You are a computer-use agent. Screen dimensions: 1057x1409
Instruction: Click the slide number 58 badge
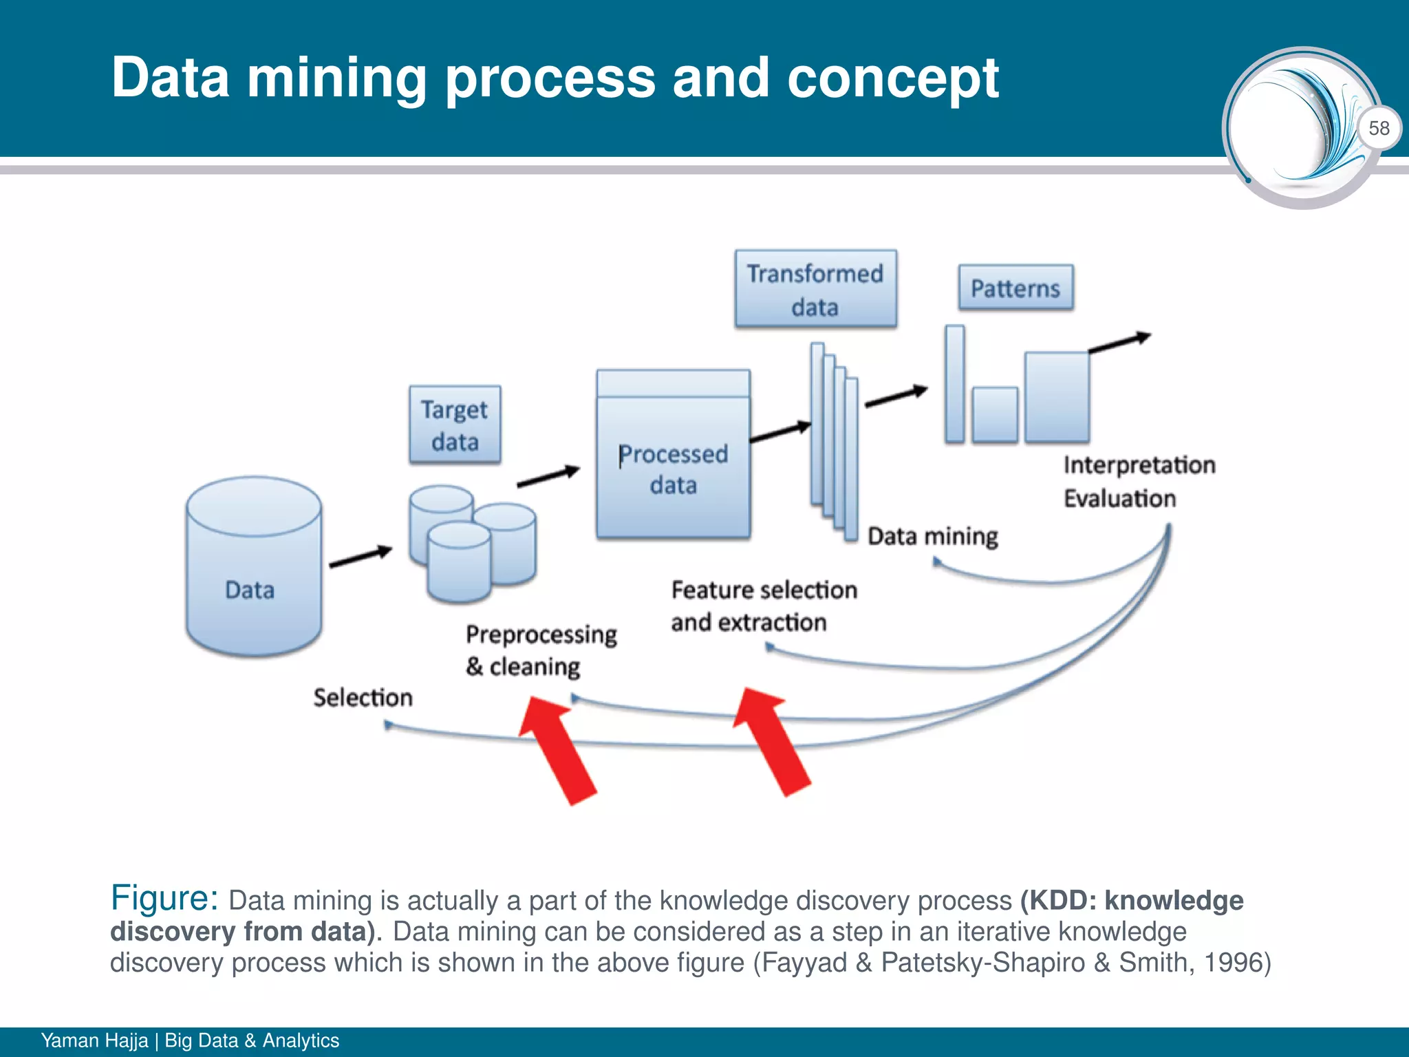pos(1379,128)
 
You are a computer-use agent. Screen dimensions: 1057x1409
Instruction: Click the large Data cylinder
pos(253,566)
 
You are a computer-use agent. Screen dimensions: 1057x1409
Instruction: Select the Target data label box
pos(455,425)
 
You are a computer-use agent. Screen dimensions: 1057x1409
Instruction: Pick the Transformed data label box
pos(815,289)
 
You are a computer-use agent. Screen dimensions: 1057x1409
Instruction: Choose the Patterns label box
pos(1015,288)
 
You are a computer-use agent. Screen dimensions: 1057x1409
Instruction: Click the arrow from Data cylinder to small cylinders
pos(361,556)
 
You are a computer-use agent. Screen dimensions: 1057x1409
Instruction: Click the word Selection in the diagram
pos(363,698)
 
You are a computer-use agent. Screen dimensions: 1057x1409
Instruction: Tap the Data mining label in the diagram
pos(932,536)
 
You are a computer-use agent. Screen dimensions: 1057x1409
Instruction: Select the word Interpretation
pos(1139,465)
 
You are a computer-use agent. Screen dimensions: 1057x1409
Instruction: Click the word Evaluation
pos(1119,498)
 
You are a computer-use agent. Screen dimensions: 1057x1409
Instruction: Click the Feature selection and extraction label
pos(764,606)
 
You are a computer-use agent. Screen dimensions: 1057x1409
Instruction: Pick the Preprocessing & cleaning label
pos(541,650)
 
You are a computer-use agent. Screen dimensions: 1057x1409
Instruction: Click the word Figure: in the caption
pos(164,898)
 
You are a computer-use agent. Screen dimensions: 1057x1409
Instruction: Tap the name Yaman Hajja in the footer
pos(94,1040)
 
